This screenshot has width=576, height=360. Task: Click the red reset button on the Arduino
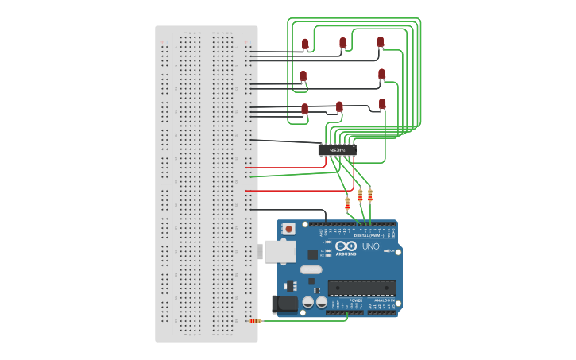pyautogui.click(x=289, y=229)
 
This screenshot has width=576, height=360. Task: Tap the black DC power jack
pyautogui.click(x=284, y=304)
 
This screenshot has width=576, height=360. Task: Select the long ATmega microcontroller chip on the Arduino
pyautogui.click(x=361, y=288)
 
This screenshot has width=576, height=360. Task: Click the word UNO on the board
pyautogui.click(x=371, y=246)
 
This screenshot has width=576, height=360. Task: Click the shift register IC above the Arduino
pyautogui.click(x=337, y=149)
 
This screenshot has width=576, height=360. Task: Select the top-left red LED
pyautogui.click(x=305, y=44)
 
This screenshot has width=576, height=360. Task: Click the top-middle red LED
pyautogui.click(x=343, y=42)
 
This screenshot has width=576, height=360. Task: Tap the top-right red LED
pyautogui.click(x=381, y=41)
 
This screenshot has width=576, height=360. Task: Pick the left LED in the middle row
pyautogui.click(x=303, y=76)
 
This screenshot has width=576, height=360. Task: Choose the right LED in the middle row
pyautogui.click(x=381, y=74)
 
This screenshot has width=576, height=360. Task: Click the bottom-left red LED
pyautogui.click(x=304, y=108)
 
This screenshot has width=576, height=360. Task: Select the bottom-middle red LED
pyautogui.click(x=339, y=106)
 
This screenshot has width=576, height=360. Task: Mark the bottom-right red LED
pyautogui.click(x=382, y=104)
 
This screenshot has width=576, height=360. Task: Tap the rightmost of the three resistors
pyautogui.click(x=369, y=195)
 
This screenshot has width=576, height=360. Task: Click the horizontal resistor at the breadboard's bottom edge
pyautogui.click(x=255, y=321)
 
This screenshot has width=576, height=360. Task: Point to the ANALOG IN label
pyautogui.click(x=386, y=300)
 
